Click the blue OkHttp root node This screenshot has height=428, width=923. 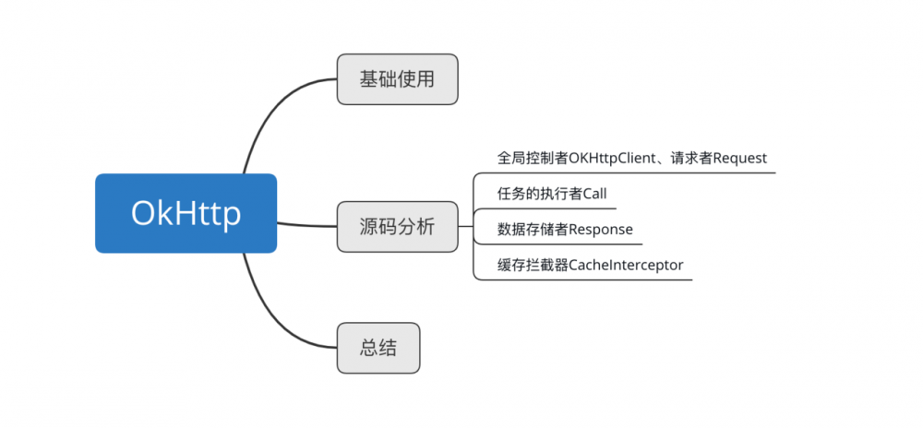click(x=186, y=213)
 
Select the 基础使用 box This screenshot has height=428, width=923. click(x=397, y=79)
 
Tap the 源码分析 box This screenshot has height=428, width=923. click(x=397, y=226)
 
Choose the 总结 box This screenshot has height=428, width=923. click(x=378, y=348)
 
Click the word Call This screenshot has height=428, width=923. click(x=594, y=193)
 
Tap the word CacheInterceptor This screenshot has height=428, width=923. click(x=626, y=265)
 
